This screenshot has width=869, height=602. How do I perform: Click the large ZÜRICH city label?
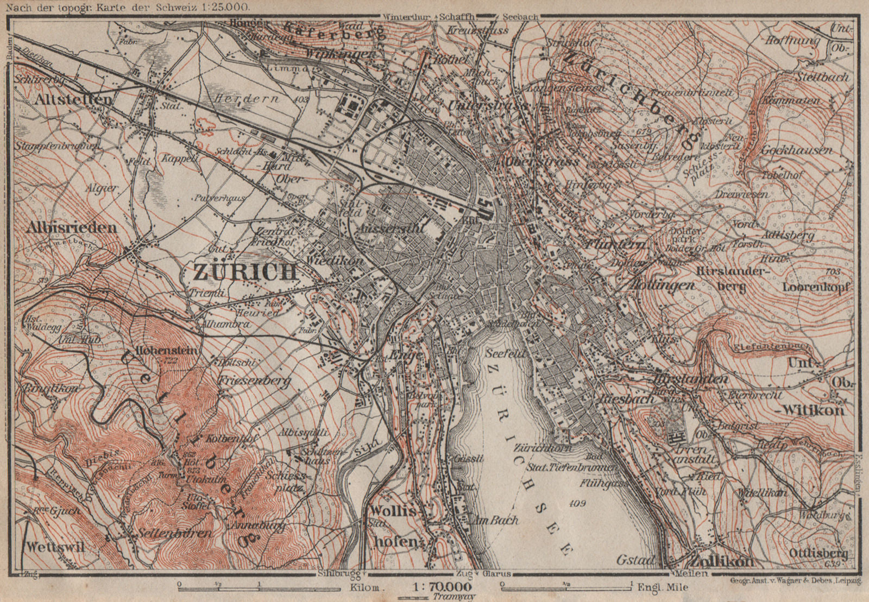(245, 271)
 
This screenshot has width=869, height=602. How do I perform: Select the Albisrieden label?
(71, 227)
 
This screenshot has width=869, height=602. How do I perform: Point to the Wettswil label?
(55, 547)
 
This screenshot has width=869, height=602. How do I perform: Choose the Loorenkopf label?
(816, 287)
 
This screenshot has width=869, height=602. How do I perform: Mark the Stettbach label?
(822, 77)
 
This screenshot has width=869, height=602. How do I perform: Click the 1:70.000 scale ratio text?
(442, 587)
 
